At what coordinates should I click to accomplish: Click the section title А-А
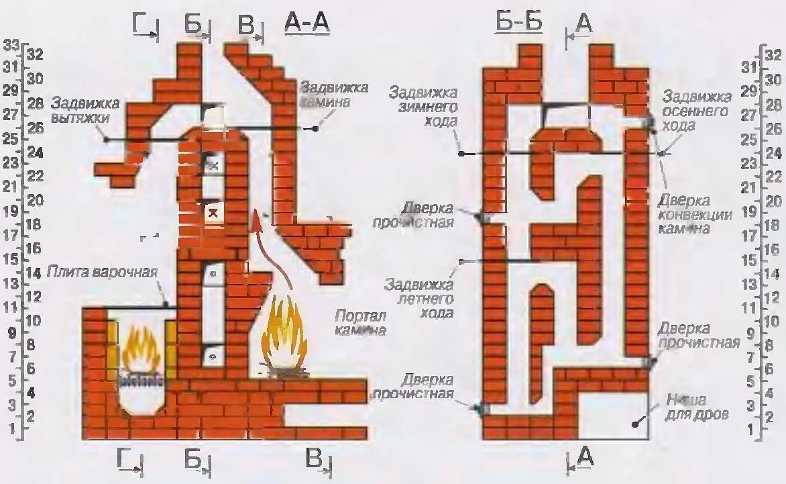tap(307, 22)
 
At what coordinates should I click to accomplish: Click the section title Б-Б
tap(519, 22)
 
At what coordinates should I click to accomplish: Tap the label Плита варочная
tap(103, 273)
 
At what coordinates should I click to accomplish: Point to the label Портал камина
tap(360, 323)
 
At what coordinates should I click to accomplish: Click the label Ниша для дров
tap(697, 406)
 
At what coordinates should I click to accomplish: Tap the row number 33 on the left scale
tap(11, 46)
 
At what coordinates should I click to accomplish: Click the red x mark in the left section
tap(213, 213)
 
